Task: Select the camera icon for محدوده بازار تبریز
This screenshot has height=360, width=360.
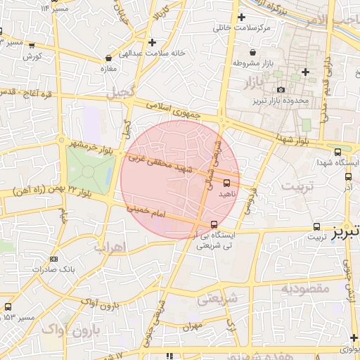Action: (x=281, y=89)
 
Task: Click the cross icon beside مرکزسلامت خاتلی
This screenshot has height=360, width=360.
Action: (x=241, y=17)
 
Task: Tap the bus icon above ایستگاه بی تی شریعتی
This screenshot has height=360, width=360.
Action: (x=214, y=225)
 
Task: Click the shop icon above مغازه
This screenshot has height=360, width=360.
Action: (x=108, y=58)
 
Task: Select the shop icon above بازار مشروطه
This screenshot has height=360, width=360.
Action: (x=252, y=53)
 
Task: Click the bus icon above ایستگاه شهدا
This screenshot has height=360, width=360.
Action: (x=338, y=152)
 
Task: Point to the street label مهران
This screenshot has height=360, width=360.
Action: (x=191, y=326)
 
